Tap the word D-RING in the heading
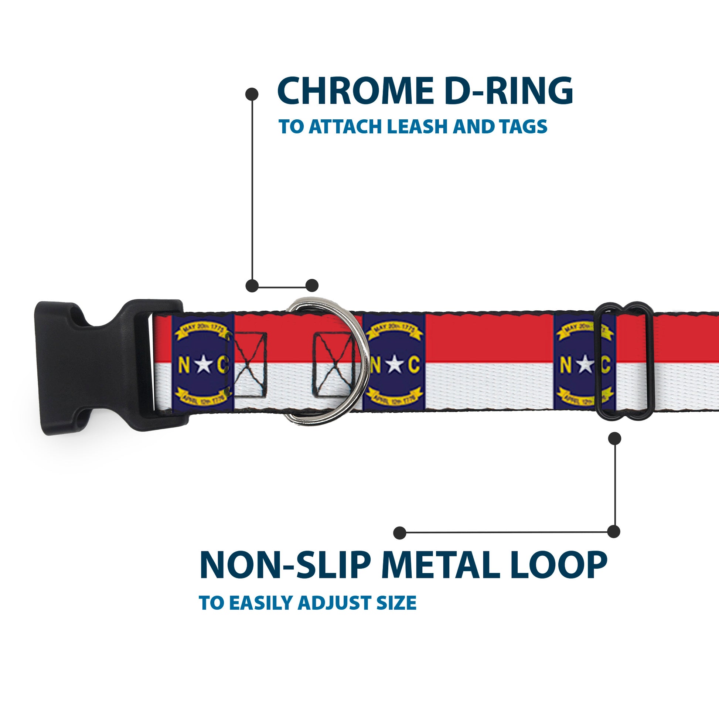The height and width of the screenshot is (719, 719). point(508,91)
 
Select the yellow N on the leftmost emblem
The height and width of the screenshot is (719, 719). point(184,365)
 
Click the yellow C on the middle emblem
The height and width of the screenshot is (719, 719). point(414,365)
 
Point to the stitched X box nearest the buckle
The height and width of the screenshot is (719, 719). point(250,364)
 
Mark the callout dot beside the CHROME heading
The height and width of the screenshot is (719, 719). point(252,94)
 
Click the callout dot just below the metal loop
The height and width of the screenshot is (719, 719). point(614,439)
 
